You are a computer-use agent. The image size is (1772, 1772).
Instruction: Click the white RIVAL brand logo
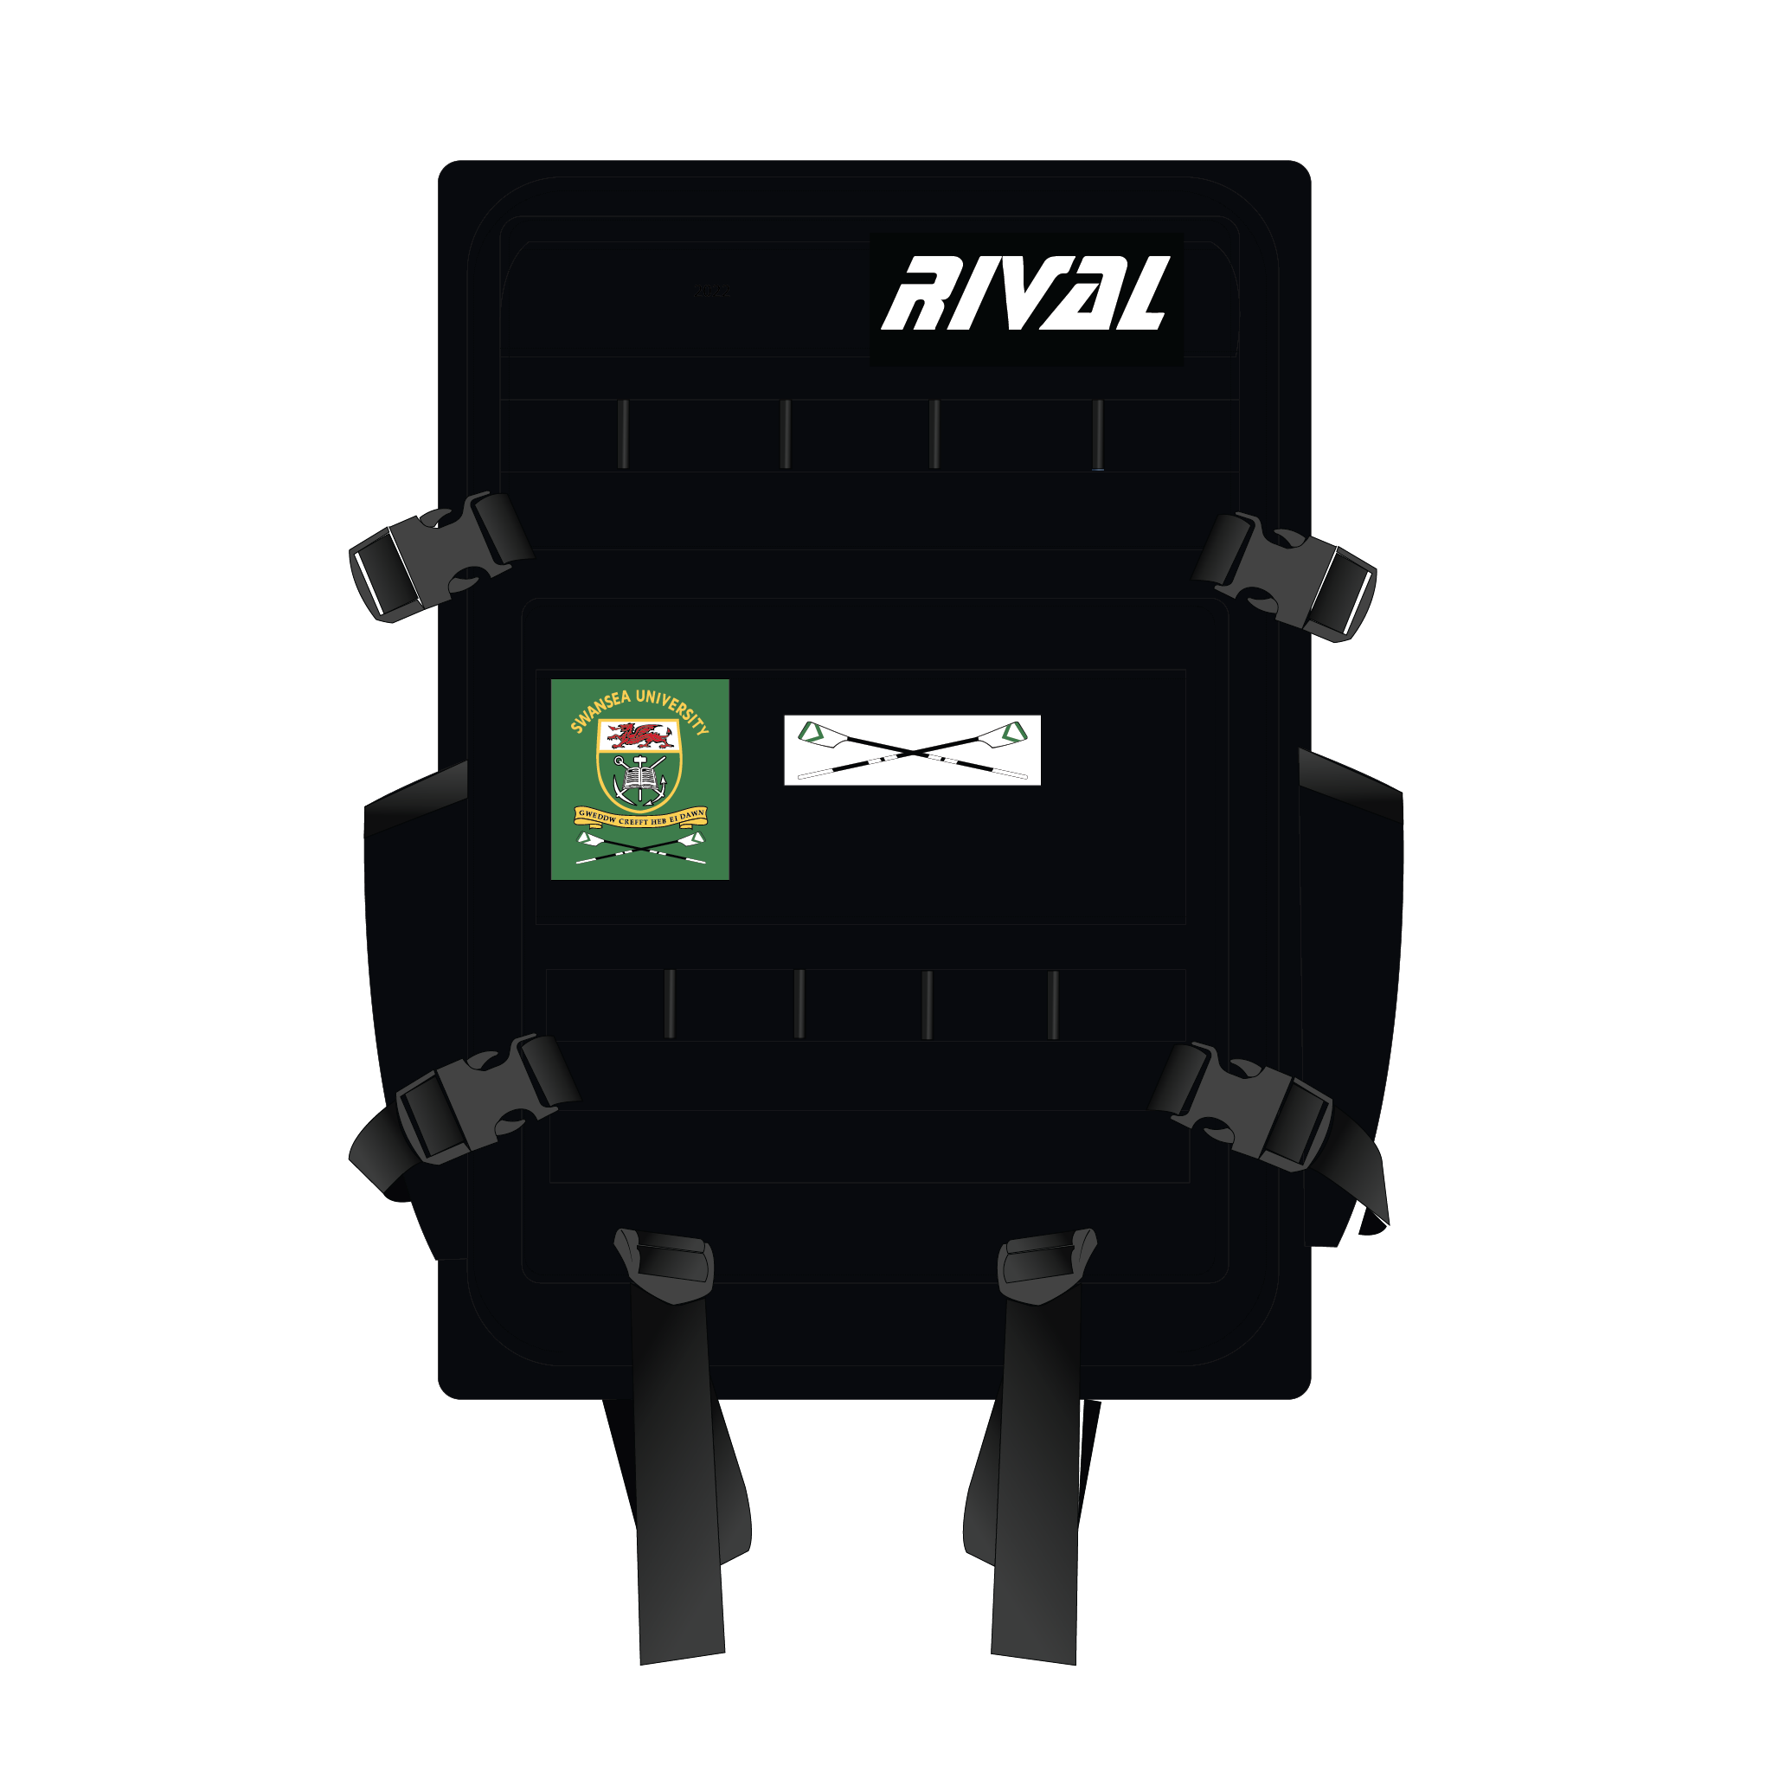1025,293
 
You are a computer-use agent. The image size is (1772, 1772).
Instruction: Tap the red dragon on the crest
639,735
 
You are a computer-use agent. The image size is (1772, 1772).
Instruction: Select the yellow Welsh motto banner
640,817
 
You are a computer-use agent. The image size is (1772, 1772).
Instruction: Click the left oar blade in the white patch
812,733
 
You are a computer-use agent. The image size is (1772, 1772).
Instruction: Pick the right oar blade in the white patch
1012,733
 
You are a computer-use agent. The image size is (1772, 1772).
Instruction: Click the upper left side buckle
440,555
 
